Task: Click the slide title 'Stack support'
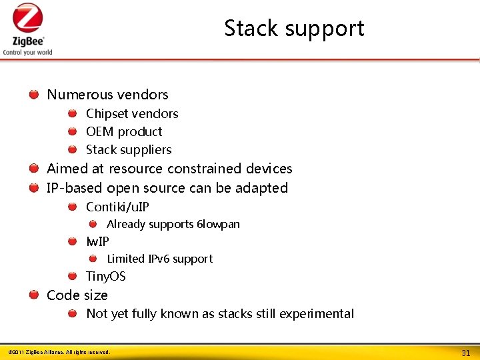pos(294,29)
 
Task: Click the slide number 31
pos(465,352)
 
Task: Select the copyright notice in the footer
pos(59,352)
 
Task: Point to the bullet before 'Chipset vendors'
pos(72,114)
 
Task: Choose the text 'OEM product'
pos(124,132)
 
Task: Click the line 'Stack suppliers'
pos(129,150)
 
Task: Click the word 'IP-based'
pos(75,188)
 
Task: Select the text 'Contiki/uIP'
pos(117,207)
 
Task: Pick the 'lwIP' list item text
pos(97,241)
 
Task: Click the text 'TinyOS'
pos(105,277)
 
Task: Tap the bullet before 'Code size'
pos(33,295)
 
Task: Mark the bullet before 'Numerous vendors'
pos(33,95)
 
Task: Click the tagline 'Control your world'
pos(27,52)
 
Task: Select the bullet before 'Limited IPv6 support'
pos(93,259)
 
